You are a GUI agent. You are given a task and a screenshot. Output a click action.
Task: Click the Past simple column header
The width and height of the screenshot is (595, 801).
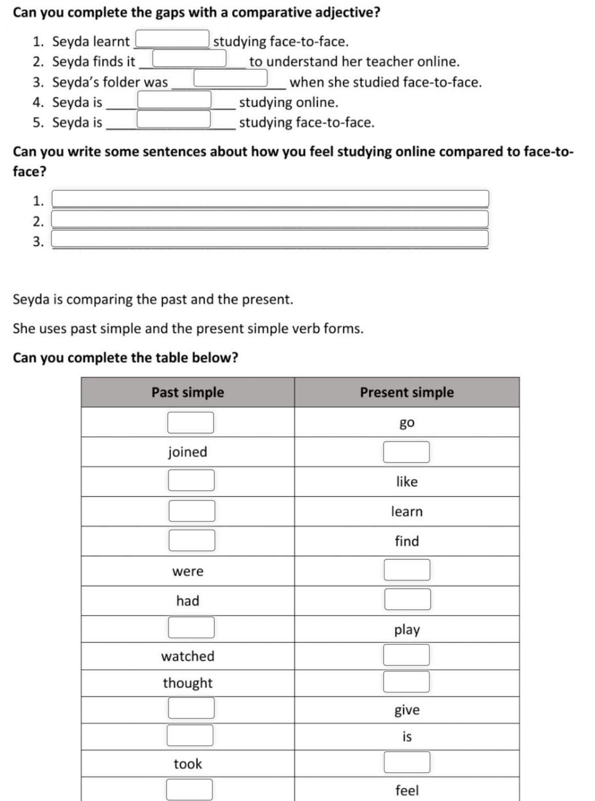point(188,392)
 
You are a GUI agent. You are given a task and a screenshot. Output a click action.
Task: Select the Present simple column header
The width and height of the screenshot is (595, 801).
point(406,392)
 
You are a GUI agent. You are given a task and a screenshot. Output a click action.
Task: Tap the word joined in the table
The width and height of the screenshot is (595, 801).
point(188,452)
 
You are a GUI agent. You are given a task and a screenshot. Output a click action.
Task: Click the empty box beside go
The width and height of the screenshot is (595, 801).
point(191,422)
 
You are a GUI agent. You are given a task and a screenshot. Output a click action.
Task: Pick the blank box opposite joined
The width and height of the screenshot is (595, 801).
point(406,452)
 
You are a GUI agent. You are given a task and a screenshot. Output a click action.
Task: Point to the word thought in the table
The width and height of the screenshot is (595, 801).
point(188,683)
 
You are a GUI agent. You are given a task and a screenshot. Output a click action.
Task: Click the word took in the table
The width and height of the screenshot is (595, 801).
point(188,764)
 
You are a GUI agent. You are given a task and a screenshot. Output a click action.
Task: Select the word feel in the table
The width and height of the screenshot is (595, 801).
point(407,790)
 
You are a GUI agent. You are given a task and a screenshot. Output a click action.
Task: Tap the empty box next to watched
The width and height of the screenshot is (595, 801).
point(406,655)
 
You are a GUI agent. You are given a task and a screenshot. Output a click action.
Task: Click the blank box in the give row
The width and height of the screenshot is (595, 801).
point(191,708)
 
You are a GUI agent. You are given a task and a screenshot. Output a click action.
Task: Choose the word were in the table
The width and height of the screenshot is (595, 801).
point(188,571)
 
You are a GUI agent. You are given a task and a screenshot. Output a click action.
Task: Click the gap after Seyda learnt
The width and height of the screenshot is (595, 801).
point(172,39)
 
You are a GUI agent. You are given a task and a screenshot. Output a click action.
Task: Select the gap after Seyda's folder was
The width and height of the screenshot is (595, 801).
point(231,78)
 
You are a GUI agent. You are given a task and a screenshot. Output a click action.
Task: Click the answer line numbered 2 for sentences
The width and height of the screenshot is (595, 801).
point(270,219)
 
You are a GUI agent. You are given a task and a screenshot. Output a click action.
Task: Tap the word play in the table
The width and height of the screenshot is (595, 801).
point(407,630)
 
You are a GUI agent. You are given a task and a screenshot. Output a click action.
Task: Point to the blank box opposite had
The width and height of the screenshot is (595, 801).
point(407,599)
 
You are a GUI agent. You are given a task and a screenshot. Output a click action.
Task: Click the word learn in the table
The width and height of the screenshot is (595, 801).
point(407,511)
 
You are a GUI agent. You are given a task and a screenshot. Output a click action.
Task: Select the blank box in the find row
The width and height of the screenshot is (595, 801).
point(192,540)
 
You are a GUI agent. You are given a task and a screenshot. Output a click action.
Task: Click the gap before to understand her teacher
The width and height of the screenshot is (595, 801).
point(189,58)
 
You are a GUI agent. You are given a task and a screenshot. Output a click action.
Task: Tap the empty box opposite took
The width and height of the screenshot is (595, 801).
point(407,762)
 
